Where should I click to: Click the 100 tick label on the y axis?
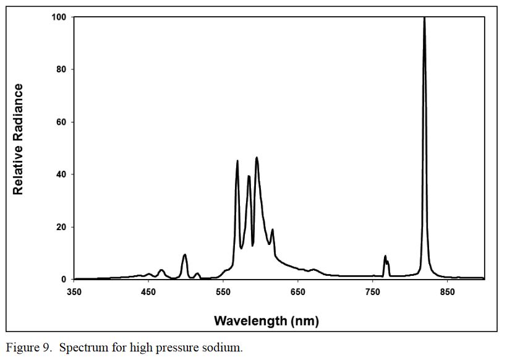tap(59, 17)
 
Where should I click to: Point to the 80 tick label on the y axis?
tap(61, 69)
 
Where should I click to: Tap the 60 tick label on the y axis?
tap(61, 122)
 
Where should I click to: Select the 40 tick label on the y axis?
tap(61, 174)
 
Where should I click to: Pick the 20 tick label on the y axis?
tap(61, 227)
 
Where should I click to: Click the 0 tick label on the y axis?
tap(63, 280)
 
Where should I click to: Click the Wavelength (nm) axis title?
tap(266, 320)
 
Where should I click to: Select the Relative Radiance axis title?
tap(19, 139)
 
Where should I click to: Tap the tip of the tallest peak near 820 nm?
tap(424, 18)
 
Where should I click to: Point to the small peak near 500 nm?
tap(184, 255)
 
